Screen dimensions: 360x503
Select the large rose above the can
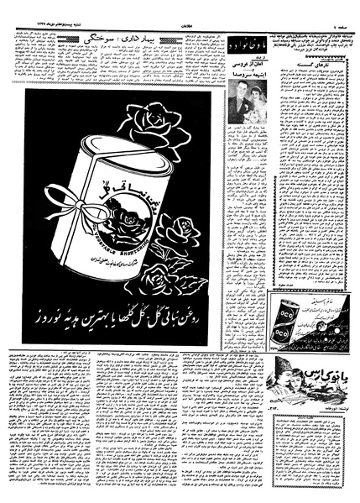159,123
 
